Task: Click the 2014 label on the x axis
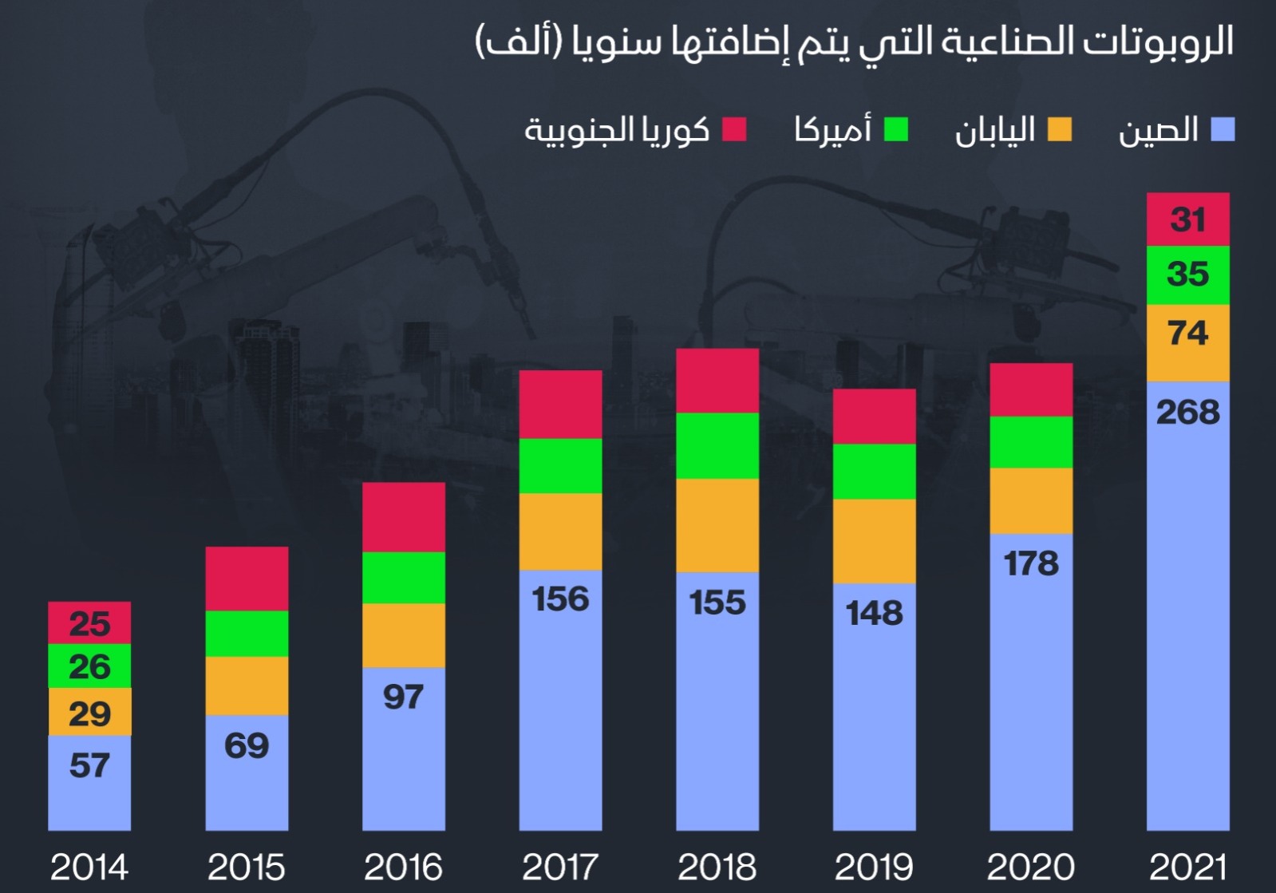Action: pyautogui.click(x=89, y=867)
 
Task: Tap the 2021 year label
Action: pyautogui.click(x=1187, y=867)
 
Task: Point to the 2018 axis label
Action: pyautogui.click(x=717, y=867)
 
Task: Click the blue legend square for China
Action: pyautogui.click(x=1223, y=129)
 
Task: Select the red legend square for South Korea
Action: pyautogui.click(x=734, y=129)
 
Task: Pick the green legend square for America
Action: pyautogui.click(x=896, y=129)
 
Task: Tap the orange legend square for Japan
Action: pyautogui.click(x=1060, y=129)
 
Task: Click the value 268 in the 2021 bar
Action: pyautogui.click(x=1187, y=413)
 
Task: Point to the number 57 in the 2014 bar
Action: pyautogui.click(x=89, y=766)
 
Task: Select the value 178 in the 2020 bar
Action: pyautogui.click(x=1031, y=564)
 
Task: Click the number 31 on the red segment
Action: pyautogui.click(x=1187, y=219)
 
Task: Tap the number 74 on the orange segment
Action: pyautogui.click(x=1187, y=333)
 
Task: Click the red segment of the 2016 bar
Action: pyautogui.click(x=404, y=517)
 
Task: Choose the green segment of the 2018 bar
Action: pyautogui.click(x=717, y=445)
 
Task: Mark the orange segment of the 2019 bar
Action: pyautogui.click(x=874, y=541)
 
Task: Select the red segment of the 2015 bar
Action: pyautogui.click(x=247, y=579)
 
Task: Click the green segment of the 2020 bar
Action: pyautogui.click(x=1031, y=442)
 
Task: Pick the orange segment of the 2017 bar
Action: pyautogui.click(x=560, y=531)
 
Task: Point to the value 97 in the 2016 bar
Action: pyautogui.click(x=404, y=697)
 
